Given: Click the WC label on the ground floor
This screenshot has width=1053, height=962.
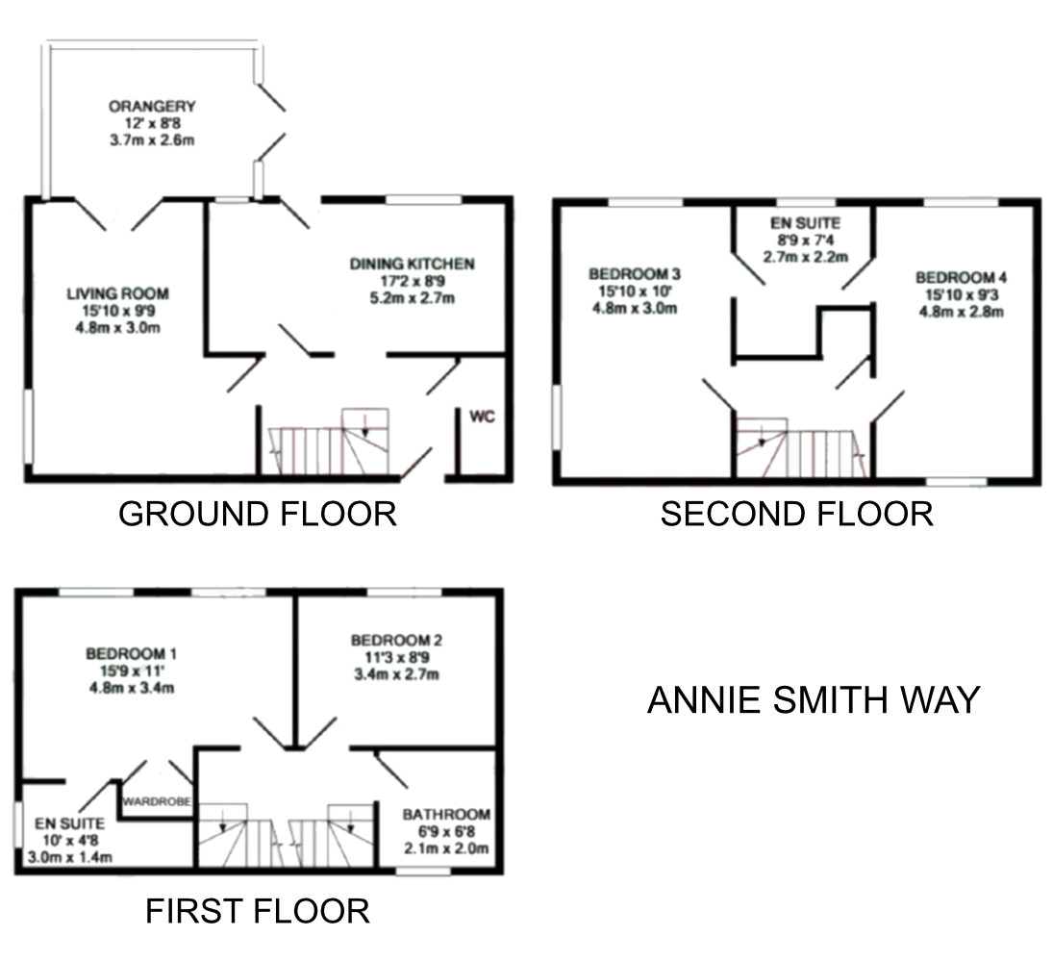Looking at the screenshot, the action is (482, 418).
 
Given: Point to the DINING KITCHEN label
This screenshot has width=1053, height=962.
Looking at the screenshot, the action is (412, 264).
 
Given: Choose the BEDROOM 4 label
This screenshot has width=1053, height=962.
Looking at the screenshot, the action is (961, 278).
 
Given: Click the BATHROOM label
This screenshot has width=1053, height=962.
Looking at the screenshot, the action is (446, 814).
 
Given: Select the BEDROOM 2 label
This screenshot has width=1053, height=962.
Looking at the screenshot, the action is (396, 640).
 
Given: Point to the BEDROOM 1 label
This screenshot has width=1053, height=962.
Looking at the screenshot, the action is (133, 654).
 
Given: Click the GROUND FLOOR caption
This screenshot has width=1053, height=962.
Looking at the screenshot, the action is (257, 514).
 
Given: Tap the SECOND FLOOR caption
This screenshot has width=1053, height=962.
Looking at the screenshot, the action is (796, 514).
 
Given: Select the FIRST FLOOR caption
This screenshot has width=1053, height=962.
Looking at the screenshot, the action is (257, 910).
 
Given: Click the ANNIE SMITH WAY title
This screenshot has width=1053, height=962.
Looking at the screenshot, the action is (813, 699).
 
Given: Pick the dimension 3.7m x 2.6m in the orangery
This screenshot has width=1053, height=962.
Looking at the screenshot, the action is (152, 139).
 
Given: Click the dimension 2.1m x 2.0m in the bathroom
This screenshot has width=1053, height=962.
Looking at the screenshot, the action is (446, 848).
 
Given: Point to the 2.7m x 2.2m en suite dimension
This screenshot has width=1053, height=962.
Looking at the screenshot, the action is (805, 256).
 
